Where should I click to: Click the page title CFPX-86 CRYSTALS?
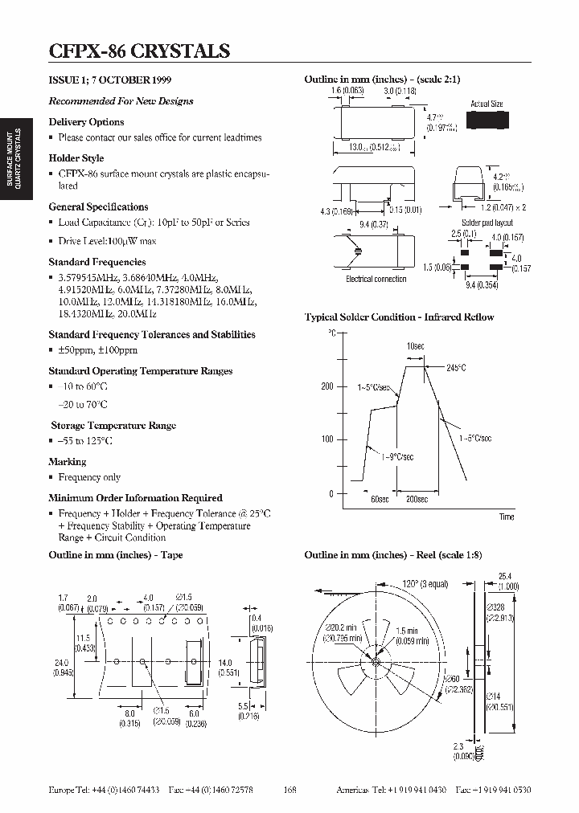click(139, 51)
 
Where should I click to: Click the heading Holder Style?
click(76, 158)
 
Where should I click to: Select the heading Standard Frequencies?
click(97, 262)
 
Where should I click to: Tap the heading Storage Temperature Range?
click(113, 426)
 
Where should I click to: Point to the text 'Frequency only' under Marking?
click(89, 477)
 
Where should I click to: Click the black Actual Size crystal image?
click(487, 121)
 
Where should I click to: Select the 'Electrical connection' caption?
click(376, 279)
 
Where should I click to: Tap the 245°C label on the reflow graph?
click(456, 368)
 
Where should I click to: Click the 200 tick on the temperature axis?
click(326, 386)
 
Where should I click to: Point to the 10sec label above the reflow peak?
click(415, 346)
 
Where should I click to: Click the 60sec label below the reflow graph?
click(380, 500)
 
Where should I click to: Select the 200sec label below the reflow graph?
click(417, 500)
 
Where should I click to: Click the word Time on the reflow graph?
click(506, 517)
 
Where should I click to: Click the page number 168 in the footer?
click(290, 790)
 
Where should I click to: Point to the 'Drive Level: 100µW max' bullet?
click(107, 241)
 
